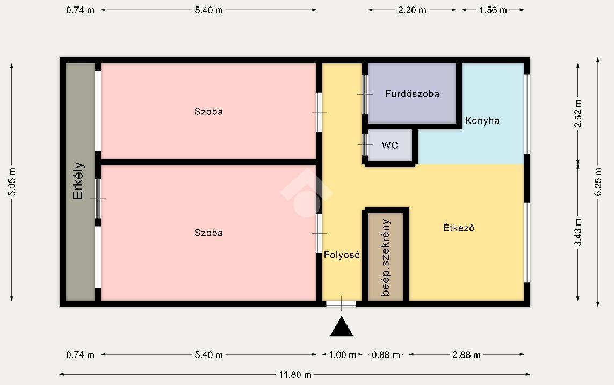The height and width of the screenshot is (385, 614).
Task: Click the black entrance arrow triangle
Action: coord(342,328)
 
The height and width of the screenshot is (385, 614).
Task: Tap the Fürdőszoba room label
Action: coord(412,94)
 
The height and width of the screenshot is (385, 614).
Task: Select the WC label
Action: coord(389,145)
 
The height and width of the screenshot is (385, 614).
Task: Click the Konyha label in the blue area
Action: coord(482,120)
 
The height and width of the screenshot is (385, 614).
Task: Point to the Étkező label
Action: coord(459,228)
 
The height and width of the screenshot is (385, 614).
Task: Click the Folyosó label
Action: coord(342,255)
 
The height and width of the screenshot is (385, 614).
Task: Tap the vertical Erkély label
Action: coord(78,181)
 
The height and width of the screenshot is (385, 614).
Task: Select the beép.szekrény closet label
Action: coord(386,257)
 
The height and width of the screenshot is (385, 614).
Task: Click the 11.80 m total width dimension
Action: coord(295,375)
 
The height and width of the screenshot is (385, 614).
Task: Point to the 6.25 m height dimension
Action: coord(597,182)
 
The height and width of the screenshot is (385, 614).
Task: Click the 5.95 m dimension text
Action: coord(12,182)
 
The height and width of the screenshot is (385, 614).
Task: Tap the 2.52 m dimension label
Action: coord(578,113)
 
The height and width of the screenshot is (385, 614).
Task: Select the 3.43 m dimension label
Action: coord(578,232)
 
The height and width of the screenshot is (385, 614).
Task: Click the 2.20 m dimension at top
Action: coord(412,10)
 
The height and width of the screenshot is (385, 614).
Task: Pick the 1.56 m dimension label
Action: coord(493,10)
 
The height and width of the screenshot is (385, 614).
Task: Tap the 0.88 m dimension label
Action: coord(386,355)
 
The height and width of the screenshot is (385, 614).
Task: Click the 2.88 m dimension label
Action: coord(466,355)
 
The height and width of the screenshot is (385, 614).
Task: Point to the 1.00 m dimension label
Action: coord(343,355)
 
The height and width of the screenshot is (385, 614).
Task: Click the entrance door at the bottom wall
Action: coord(341,303)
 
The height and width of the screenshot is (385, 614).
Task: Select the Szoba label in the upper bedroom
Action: coord(209,112)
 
